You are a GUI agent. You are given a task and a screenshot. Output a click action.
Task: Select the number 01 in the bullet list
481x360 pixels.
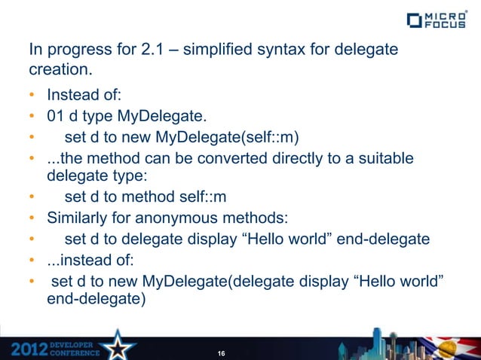point(57,117)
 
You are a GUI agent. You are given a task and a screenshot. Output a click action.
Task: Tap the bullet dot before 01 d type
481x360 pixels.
point(32,117)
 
